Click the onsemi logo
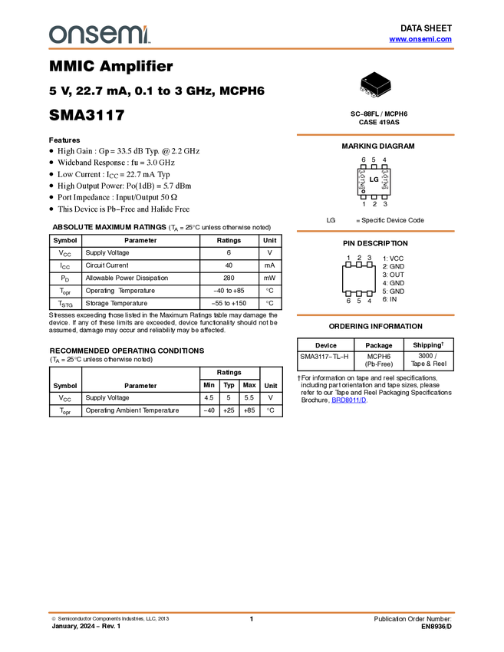coord(99,35)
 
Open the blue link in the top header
coord(420,39)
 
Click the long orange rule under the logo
coord(252,49)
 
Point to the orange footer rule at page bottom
coord(252,613)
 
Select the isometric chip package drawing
coord(374,88)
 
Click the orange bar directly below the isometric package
coord(375,135)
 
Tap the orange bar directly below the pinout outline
coord(375,231)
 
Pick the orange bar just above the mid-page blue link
coord(375,315)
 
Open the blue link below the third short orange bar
coord(348,400)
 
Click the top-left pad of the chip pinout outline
coord(363,166)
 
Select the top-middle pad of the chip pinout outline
coord(374,166)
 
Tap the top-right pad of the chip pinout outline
coord(384,166)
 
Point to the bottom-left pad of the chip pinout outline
coord(363,196)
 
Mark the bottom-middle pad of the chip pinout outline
coord(374,196)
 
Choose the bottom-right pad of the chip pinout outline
coord(384,196)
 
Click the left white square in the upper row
coord(348,265)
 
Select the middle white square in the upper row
coord(359,265)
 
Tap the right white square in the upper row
coord(370,265)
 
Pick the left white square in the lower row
coord(348,293)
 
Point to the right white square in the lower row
coord(370,293)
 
